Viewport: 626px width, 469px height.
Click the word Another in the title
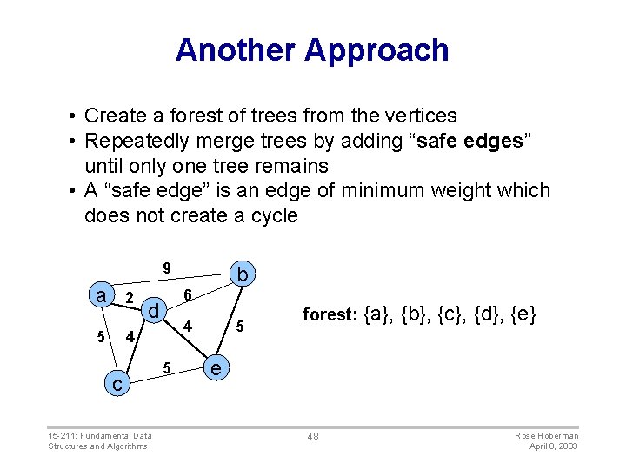point(236,50)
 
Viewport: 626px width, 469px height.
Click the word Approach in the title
point(376,50)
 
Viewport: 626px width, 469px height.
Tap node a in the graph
point(101,295)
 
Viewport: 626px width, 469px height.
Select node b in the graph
point(243,275)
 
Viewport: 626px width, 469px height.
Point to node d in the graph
point(152,310)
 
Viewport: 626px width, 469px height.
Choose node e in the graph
point(216,368)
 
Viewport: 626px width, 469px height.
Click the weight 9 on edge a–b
point(167,267)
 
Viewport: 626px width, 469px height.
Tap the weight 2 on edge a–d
point(129,300)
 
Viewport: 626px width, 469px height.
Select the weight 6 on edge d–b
point(187,295)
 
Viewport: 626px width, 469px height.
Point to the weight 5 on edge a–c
point(102,337)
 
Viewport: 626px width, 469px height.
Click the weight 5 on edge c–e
point(168,367)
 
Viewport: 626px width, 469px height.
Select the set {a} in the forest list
point(377,314)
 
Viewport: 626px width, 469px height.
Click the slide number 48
point(312,436)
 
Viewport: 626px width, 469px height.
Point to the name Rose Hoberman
point(546,435)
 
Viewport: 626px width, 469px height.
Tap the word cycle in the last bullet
point(270,215)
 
